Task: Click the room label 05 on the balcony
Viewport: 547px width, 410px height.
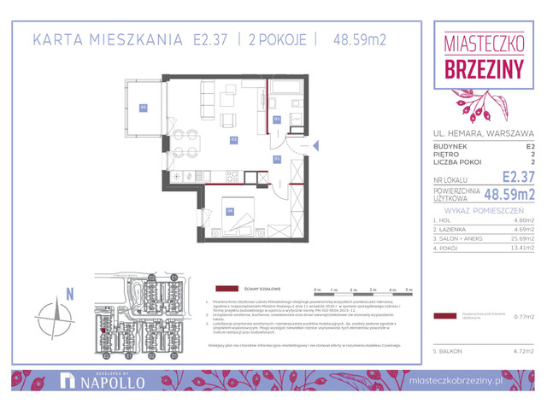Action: tap(144, 108)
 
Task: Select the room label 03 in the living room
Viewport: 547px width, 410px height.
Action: tap(232, 138)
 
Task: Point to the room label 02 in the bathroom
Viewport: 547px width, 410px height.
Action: tap(276, 119)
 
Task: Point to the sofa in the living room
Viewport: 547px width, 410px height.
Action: tap(206, 100)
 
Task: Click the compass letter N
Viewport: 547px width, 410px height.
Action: tap(69, 295)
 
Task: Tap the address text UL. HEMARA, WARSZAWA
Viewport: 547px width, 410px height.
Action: tap(484, 133)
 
